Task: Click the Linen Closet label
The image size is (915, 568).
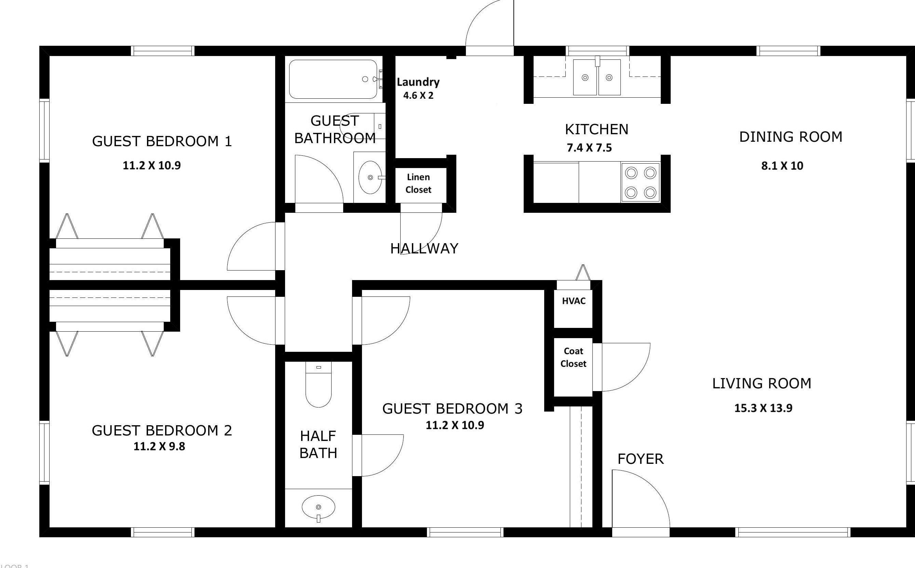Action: click(x=418, y=183)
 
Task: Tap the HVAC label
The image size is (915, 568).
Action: click(x=574, y=301)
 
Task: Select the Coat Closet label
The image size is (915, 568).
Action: click(x=573, y=357)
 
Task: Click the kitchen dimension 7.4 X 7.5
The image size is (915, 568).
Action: click(x=589, y=148)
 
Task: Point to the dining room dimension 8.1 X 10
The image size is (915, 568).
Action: click(x=782, y=166)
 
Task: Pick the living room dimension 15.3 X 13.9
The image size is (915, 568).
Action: click(x=763, y=408)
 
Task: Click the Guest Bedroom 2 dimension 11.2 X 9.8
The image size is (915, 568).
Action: click(x=159, y=446)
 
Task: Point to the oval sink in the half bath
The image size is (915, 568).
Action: click(x=319, y=508)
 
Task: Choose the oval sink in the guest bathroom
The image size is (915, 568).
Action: click(x=370, y=177)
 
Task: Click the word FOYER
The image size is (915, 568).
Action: click(x=641, y=459)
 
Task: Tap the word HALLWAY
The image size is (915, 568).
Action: click(x=424, y=249)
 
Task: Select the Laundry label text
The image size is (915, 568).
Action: click(x=418, y=82)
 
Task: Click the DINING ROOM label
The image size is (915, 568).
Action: click(x=791, y=137)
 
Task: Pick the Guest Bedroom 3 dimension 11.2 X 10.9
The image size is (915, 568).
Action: click(x=455, y=425)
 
